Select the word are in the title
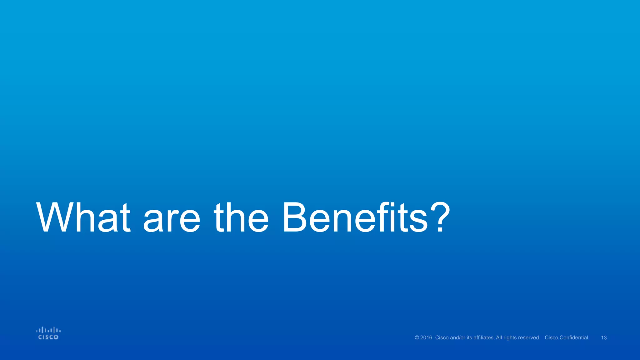[x=171, y=220]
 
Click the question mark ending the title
[x=440, y=217]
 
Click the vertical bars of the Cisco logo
[x=48, y=330]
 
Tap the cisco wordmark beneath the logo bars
[x=48, y=337]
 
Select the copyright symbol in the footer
[x=417, y=338]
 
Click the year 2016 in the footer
[x=426, y=338]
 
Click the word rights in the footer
[x=510, y=338]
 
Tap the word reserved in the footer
[x=530, y=338]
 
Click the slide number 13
[x=604, y=338]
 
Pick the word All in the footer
[x=499, y=338]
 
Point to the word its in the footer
[x=469, y=338]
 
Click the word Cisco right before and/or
[x=442, y=338]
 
